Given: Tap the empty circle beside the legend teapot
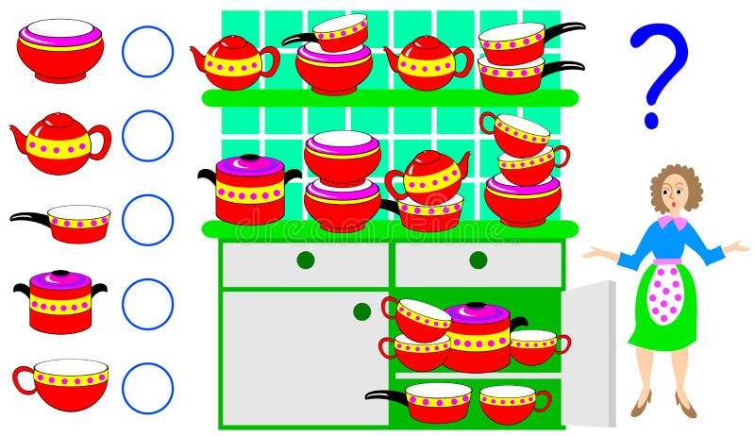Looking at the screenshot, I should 147,136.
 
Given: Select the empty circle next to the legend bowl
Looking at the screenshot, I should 147,51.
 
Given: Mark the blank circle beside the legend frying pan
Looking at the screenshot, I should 147,220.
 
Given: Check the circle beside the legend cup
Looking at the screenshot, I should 147,388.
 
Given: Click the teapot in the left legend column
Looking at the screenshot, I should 59,143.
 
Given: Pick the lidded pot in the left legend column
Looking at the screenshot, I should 59,302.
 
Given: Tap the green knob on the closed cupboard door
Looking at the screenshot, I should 362,311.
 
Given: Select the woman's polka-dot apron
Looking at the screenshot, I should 666,293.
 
